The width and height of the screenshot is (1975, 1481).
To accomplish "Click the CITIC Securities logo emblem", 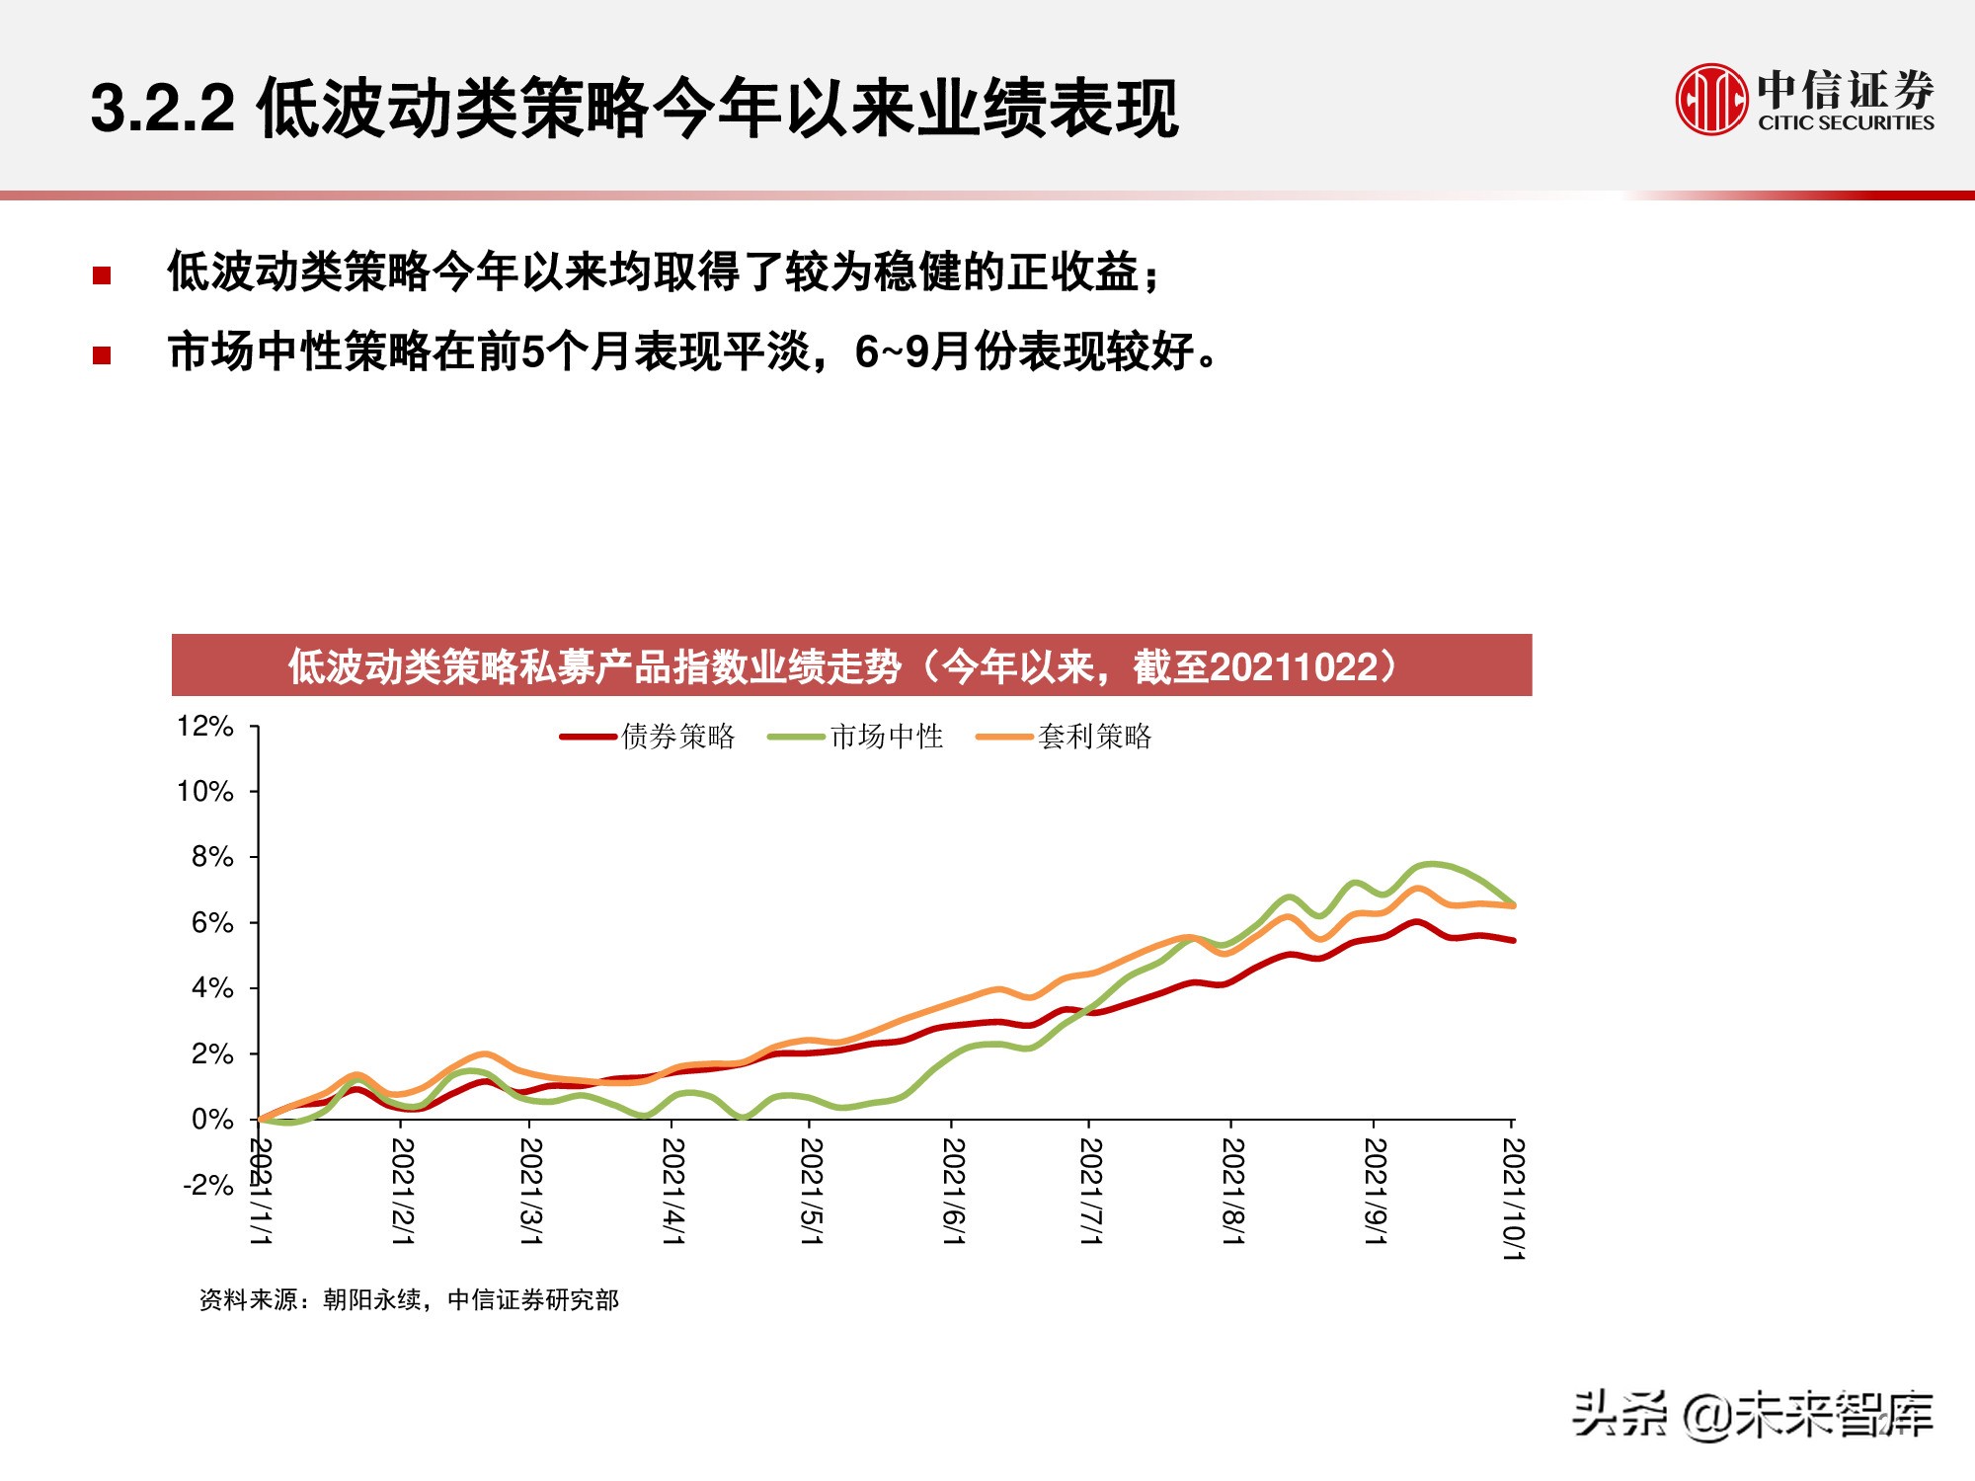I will [x=1710, y=99].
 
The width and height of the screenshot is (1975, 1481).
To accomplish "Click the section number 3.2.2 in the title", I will [x=163, y=109].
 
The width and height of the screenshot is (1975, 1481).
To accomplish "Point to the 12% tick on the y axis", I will [x=205, y=727].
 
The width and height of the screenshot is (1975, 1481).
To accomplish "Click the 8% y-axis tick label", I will [x=212, y=857].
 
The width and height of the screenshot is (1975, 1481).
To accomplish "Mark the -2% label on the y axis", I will [x=208, y=1185].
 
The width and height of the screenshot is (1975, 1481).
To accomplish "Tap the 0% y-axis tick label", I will [x=212, y=1120].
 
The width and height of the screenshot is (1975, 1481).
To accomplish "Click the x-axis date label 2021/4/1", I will [x=673, y=1191].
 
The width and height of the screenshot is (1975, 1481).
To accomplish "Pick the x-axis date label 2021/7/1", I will [x=1090, y=1191].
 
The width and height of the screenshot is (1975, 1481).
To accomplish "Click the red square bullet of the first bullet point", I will [x=102, y=275].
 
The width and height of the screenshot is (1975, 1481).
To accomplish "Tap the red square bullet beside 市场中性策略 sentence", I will [x=102, y=355].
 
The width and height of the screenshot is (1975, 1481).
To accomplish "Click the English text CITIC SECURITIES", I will [x=1845, y=123].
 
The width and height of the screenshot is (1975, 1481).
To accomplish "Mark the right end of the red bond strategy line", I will [x=1513, y=940].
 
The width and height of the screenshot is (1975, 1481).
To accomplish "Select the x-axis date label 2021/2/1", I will [x=402, y=1191].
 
